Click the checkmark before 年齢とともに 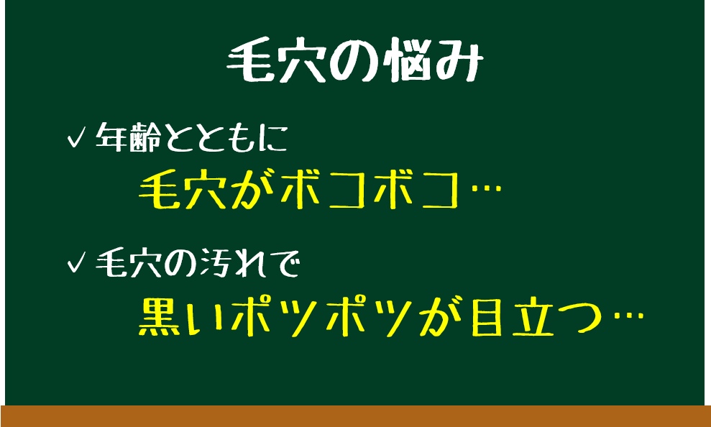click(x=76, y=137)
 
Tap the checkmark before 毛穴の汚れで click(x=76, y=263)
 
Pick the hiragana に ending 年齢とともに click(x=274, y=137)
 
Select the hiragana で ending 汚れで click(x=284, y=264)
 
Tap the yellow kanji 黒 click(x=160, y=316)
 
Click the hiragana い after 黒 click(x=208, y=317)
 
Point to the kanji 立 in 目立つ click(x=533, y=316)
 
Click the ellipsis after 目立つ click(x=628, y=315)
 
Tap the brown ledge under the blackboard click(x=355, y=416)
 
